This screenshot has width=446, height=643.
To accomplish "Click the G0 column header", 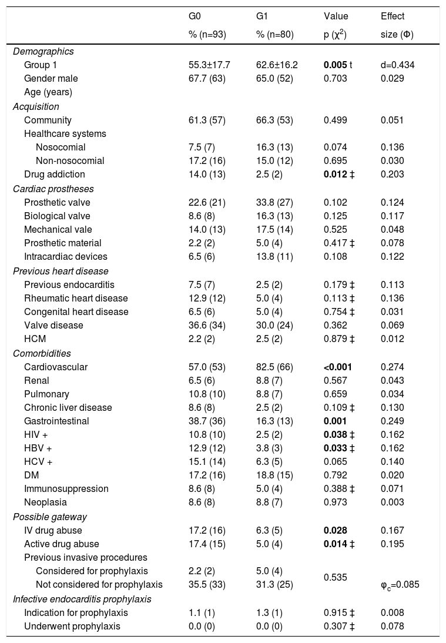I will click(188, 16).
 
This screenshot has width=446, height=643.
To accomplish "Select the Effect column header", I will click(393, 16).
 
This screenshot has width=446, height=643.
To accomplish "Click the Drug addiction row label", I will click(55, 174).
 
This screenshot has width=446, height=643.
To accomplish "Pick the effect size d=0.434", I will click(398, 65).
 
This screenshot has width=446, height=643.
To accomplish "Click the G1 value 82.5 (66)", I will click(277, 367).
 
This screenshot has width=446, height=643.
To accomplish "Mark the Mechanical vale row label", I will click(58, 229).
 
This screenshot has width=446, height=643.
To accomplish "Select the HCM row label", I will click(34, 339).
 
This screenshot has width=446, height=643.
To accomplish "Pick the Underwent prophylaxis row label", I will click(72, 626).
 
